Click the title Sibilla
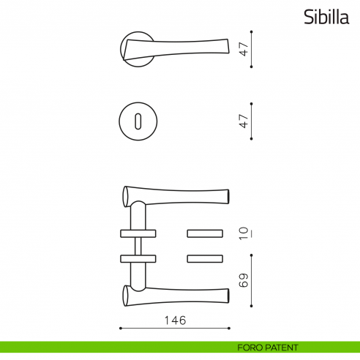click(x=327, y=18)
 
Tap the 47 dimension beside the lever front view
click(x=244, y=49)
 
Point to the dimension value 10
click(x=244, y=233)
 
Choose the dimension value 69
click(x=244, y=280)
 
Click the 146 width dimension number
click(x=176, y=320)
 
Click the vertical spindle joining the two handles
click(x=137, y=246)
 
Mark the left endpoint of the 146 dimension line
click(x=120, y=329)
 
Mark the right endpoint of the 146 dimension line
click(x=231, y=329)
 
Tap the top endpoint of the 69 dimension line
click(x=252, y=255)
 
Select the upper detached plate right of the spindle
click(x=205, y=233)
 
